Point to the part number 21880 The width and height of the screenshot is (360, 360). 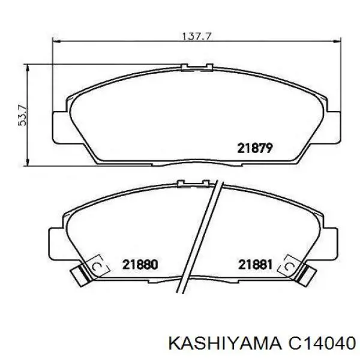pyautogui.click(x=140, y=263)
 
